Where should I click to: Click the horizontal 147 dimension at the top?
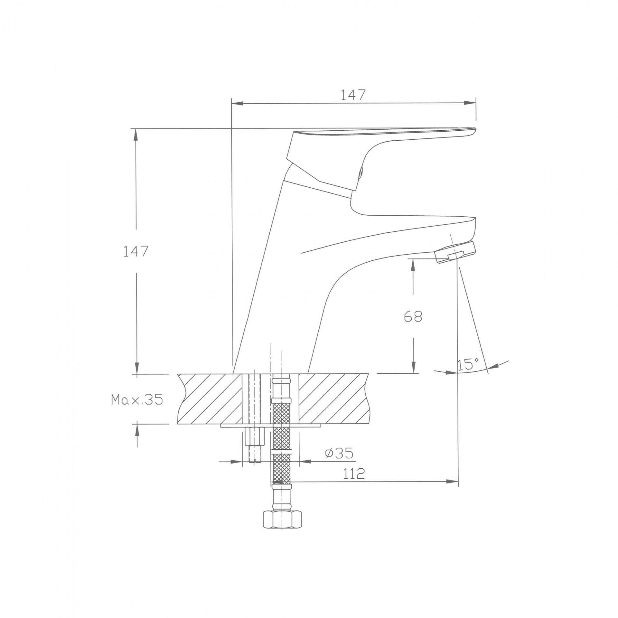353,95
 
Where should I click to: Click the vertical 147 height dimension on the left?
136,251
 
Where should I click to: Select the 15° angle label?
468,364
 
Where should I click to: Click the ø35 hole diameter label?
339,453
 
